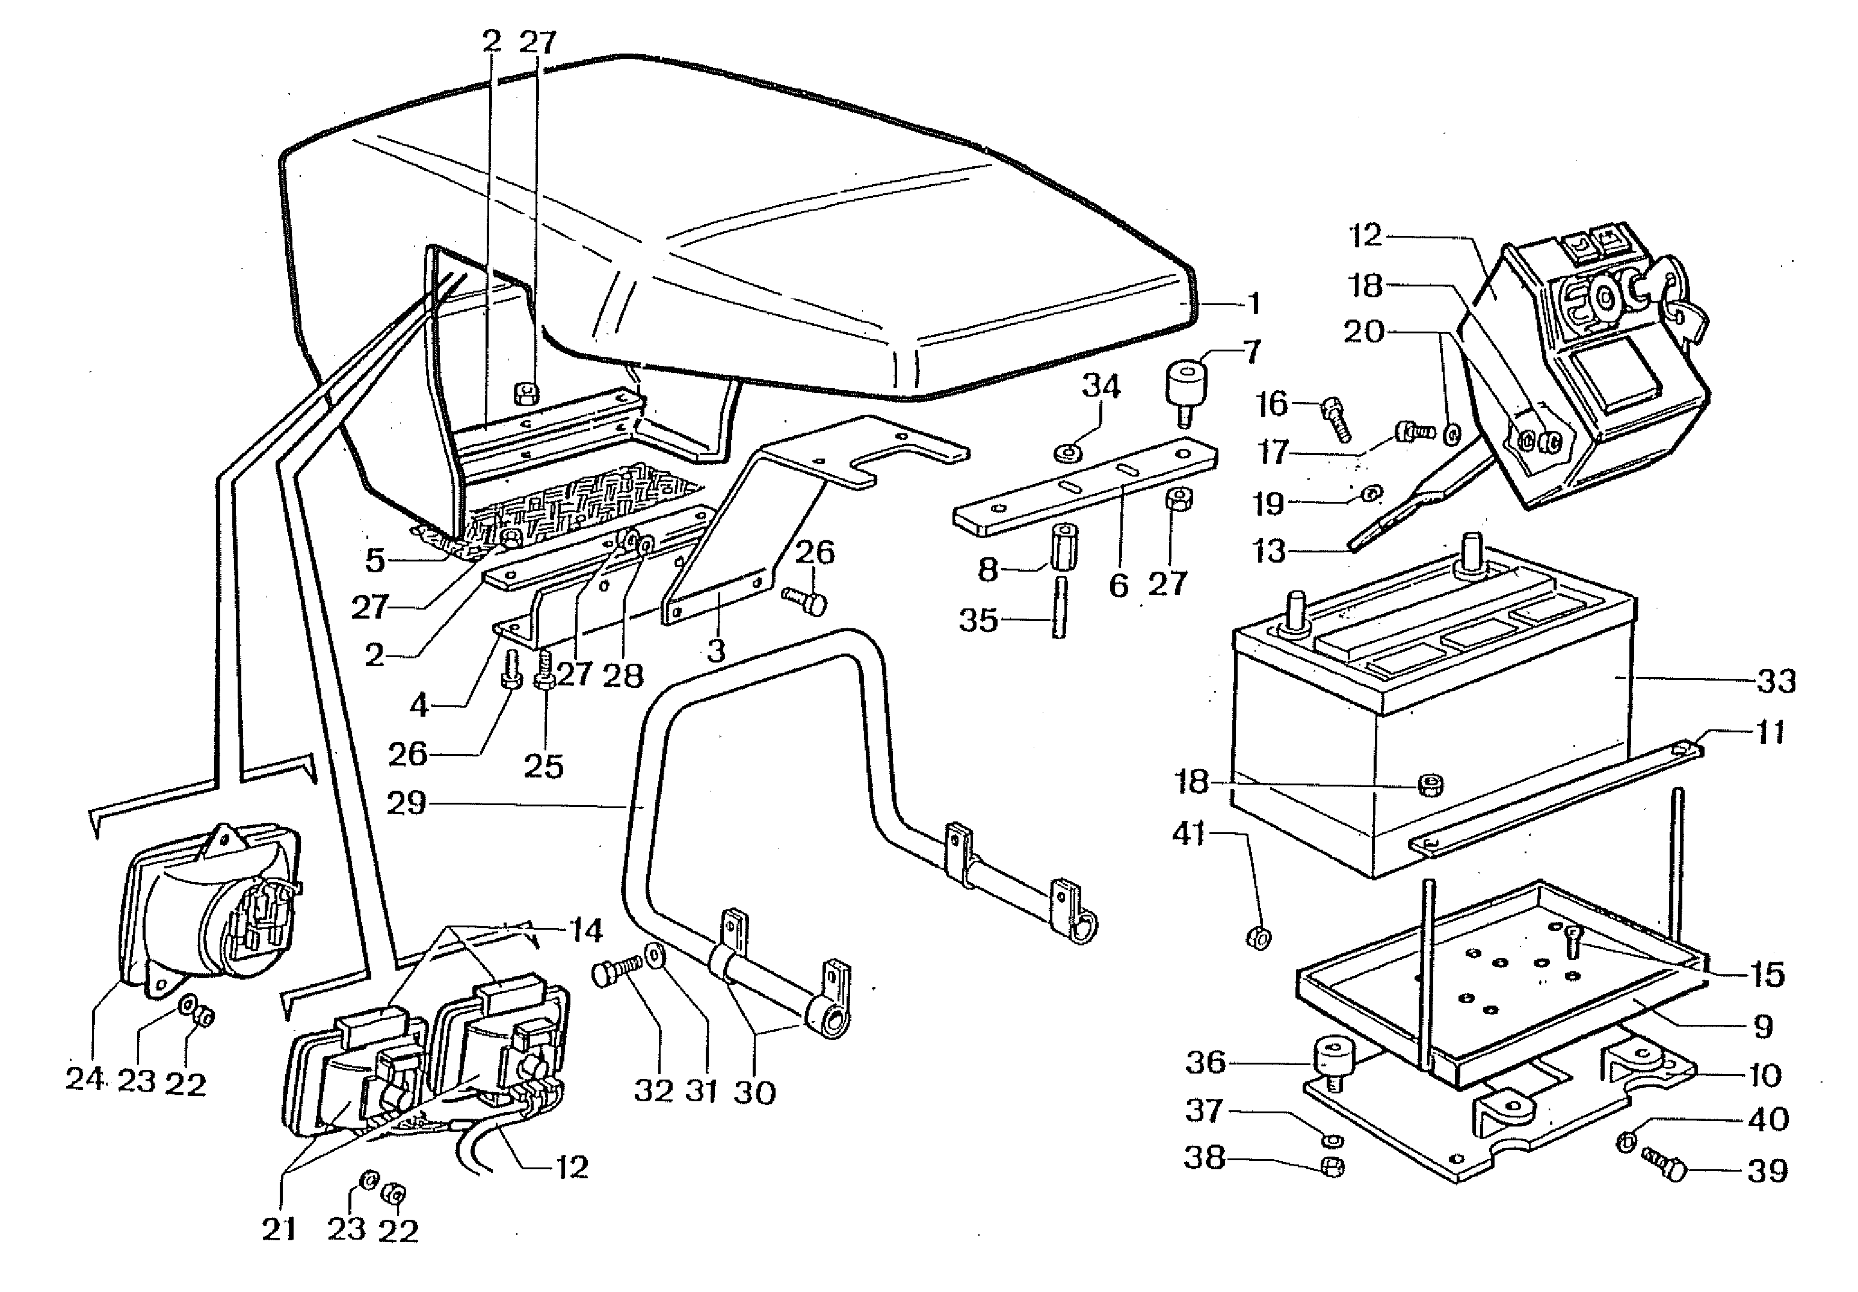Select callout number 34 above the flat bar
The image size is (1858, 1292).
pyautogui.click(x=1100, y=386)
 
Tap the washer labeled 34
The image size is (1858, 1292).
pyautogui.click(x=1069, y=450)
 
